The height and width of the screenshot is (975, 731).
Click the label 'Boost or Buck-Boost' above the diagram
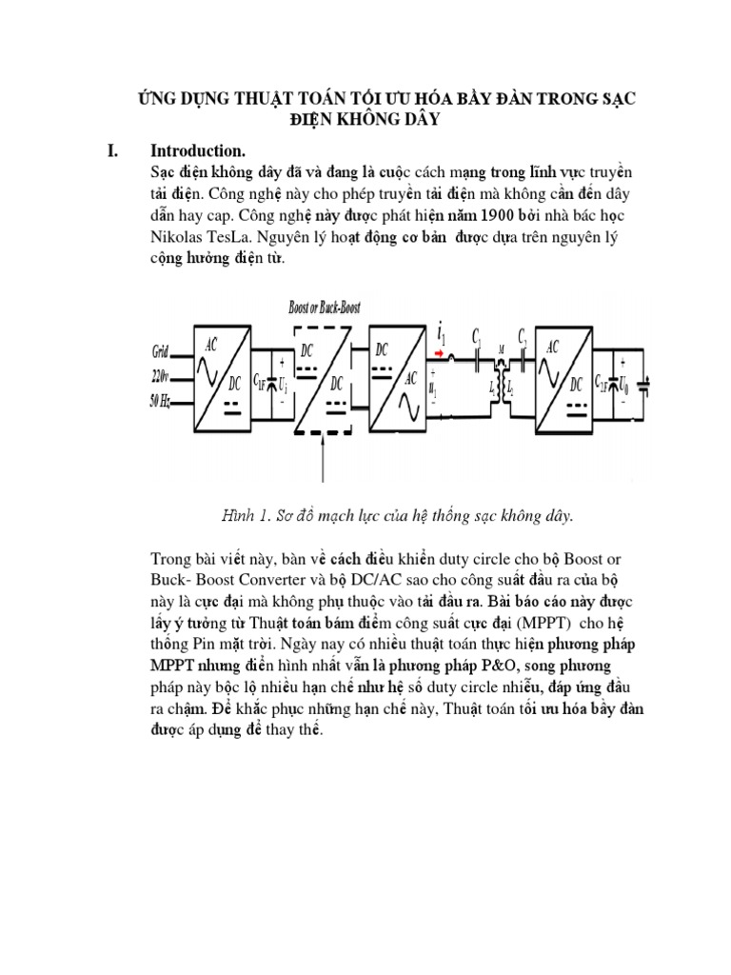point(324,308)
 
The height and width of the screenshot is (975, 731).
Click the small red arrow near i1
point(440,353)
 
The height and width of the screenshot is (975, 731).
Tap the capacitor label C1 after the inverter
point(476,339)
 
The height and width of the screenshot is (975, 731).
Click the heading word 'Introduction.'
point(198,150)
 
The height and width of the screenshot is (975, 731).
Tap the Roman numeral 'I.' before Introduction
point(112,150)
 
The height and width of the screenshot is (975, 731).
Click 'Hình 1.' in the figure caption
point(247,515)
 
